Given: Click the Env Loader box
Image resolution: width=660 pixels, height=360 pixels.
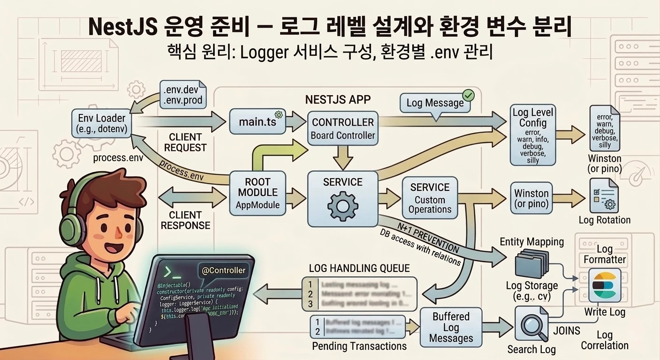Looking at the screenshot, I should tap(101, 123).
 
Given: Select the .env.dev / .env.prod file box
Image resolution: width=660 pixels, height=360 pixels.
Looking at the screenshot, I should tap(182, 94).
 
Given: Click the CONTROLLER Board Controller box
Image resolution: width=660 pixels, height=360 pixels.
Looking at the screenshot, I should tap(343, 128).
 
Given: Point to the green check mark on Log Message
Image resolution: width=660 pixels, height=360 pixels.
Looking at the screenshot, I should tap(468, 96).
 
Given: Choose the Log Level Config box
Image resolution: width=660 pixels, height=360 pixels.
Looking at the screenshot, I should tap(533, 135).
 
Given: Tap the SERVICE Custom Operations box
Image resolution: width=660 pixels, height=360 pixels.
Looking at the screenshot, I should tap(430, 198).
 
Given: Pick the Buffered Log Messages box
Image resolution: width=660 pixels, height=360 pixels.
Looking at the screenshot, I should tap(451, 327).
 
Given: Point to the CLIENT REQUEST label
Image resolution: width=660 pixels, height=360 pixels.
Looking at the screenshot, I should tap(185, 142).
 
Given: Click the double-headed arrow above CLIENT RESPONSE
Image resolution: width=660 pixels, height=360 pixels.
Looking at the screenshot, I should tap(186, 195).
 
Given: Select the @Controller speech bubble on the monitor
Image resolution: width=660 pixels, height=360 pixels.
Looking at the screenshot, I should tap(223, 270).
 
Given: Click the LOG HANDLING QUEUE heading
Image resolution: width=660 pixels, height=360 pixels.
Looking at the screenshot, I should tap(359, 268).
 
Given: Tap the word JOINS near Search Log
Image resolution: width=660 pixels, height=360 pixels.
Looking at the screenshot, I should tap(567, 331).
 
